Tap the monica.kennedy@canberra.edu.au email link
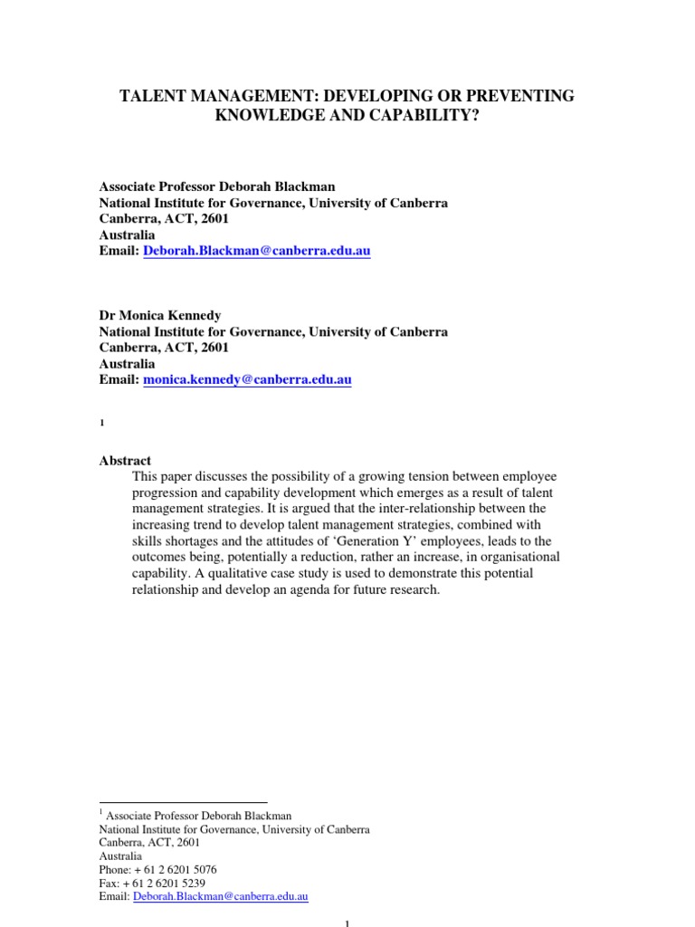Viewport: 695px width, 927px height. pyautogui.click(x=247, y=380)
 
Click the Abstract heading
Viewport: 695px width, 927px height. pyautogui.click(x=125, y=461)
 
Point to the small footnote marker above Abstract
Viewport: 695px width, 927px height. pyautogui.click(x=102, y=424)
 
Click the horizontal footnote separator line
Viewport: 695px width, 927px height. pyautogui.click(x=183, y=802)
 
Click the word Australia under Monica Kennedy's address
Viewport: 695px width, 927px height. pyautogui.click(x=127, y=364)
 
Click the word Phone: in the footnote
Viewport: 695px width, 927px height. pyautogui.click(x=116, y=869)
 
